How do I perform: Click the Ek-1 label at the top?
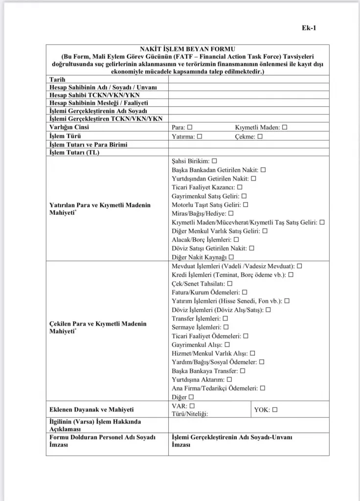[309, 27]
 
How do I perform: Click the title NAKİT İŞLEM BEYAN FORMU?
[187, 49]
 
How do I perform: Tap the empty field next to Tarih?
[248, 80]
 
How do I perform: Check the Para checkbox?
[190, 127]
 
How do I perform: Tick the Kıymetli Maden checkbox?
[285, 127]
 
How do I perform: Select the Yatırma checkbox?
[200, 137]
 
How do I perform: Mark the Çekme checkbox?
[260, 137]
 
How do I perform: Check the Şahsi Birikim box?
[214, 160]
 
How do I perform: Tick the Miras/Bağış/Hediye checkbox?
[231, 213]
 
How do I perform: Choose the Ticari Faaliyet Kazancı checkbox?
[240, 187]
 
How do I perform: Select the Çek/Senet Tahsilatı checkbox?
[230, 283]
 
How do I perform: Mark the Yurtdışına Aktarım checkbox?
[229, 379]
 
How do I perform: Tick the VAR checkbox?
[192, 406]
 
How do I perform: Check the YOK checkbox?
[275, 410]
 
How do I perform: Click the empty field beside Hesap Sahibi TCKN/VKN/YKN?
[248, 95]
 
